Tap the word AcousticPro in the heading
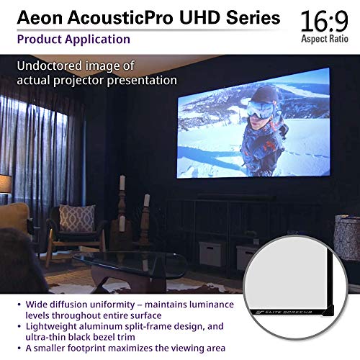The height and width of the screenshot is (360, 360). tap(104, 17)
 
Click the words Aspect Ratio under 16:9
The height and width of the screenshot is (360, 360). tap(328, 36)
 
